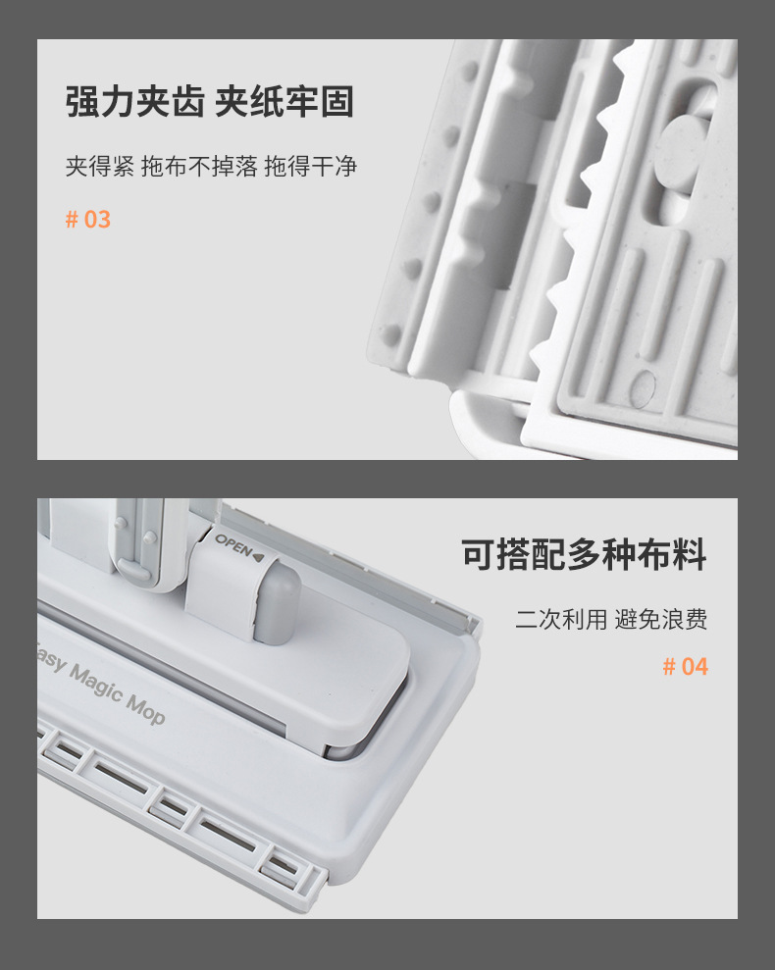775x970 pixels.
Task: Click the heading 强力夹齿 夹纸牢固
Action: [210, 102]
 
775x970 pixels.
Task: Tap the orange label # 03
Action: [88, 220]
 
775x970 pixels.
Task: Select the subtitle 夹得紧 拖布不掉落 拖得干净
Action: [211, 167]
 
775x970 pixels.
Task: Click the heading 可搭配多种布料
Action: [584, 554]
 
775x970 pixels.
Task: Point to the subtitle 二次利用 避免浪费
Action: [611, 619]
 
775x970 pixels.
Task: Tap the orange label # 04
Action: [686, 666]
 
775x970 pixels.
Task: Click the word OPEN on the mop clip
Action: [233, 544]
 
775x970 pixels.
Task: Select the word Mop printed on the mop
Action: [146, 709]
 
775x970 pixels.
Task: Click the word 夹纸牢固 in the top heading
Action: [284, 102]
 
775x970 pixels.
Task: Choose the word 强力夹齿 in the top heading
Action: [135, 102]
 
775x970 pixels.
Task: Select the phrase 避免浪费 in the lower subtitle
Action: [661, 619]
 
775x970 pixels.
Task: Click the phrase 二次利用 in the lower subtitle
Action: [561, 619]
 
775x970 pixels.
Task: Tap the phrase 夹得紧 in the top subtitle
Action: [100, 167]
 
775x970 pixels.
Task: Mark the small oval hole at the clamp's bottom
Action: [642, 389]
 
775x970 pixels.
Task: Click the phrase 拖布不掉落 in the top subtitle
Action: [199, 167]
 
